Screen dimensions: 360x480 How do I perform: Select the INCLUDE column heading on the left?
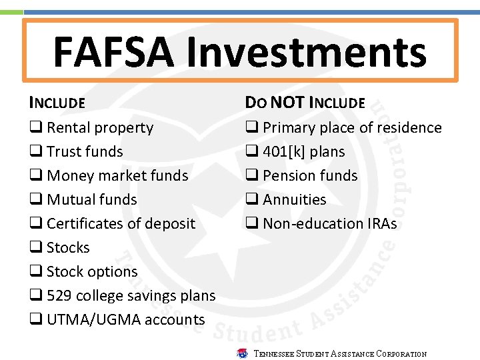(57, 103)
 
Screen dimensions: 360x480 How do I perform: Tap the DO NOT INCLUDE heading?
(305, 103)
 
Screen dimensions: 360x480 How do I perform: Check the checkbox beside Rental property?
(35, 128)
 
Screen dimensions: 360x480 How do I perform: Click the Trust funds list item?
(85, 152)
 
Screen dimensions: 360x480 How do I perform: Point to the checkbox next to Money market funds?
(35, 176)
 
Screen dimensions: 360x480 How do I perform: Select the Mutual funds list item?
(91, 200)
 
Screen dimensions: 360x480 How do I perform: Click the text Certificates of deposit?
(121, 224)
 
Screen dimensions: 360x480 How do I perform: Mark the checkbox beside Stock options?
(35, 272)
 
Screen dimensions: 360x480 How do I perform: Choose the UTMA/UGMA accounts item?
(125, 320)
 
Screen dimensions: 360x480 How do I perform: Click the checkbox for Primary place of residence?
(251, 128)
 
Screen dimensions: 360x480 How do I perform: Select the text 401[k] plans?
(303, 152)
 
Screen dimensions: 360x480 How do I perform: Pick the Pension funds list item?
(310, 176)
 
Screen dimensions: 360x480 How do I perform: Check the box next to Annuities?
(251, 200)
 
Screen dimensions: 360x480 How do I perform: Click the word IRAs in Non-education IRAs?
(381, 224)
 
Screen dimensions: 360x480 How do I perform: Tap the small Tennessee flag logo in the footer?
(242, 353)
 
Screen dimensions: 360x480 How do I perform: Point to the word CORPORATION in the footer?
(401, 354)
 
